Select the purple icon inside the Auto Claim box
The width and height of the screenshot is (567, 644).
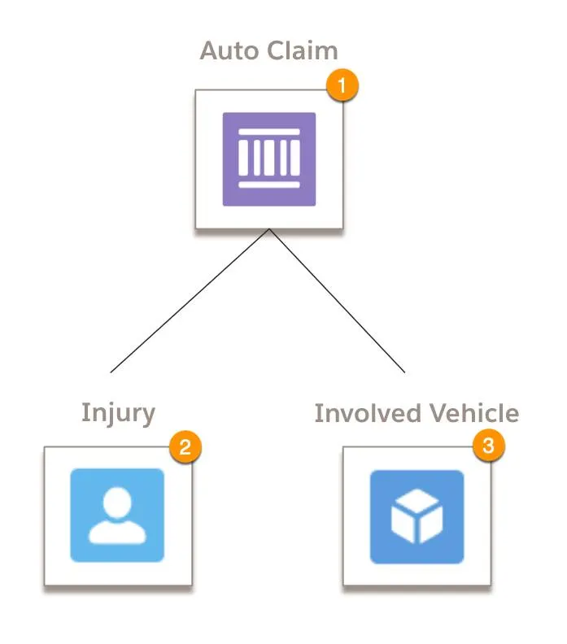[x=269, y=159]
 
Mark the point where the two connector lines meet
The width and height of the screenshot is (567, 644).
[x=269, y=230]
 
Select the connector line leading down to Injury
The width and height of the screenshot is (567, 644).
[x=190, y=302]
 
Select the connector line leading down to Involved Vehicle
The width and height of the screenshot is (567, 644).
[x=338, y=302]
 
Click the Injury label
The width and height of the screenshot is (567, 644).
[x=118, y=412]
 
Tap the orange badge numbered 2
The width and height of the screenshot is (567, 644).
[x=185, y=446]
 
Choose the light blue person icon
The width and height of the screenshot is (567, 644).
[x=117, y=515]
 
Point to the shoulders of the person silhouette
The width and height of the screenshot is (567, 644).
[x=117, y=533]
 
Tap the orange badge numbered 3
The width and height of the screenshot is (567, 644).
[x=488, y=446]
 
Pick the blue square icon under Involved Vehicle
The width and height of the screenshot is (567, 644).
[x=417, y=516]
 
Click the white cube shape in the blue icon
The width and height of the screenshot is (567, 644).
[x=417, y=517]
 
